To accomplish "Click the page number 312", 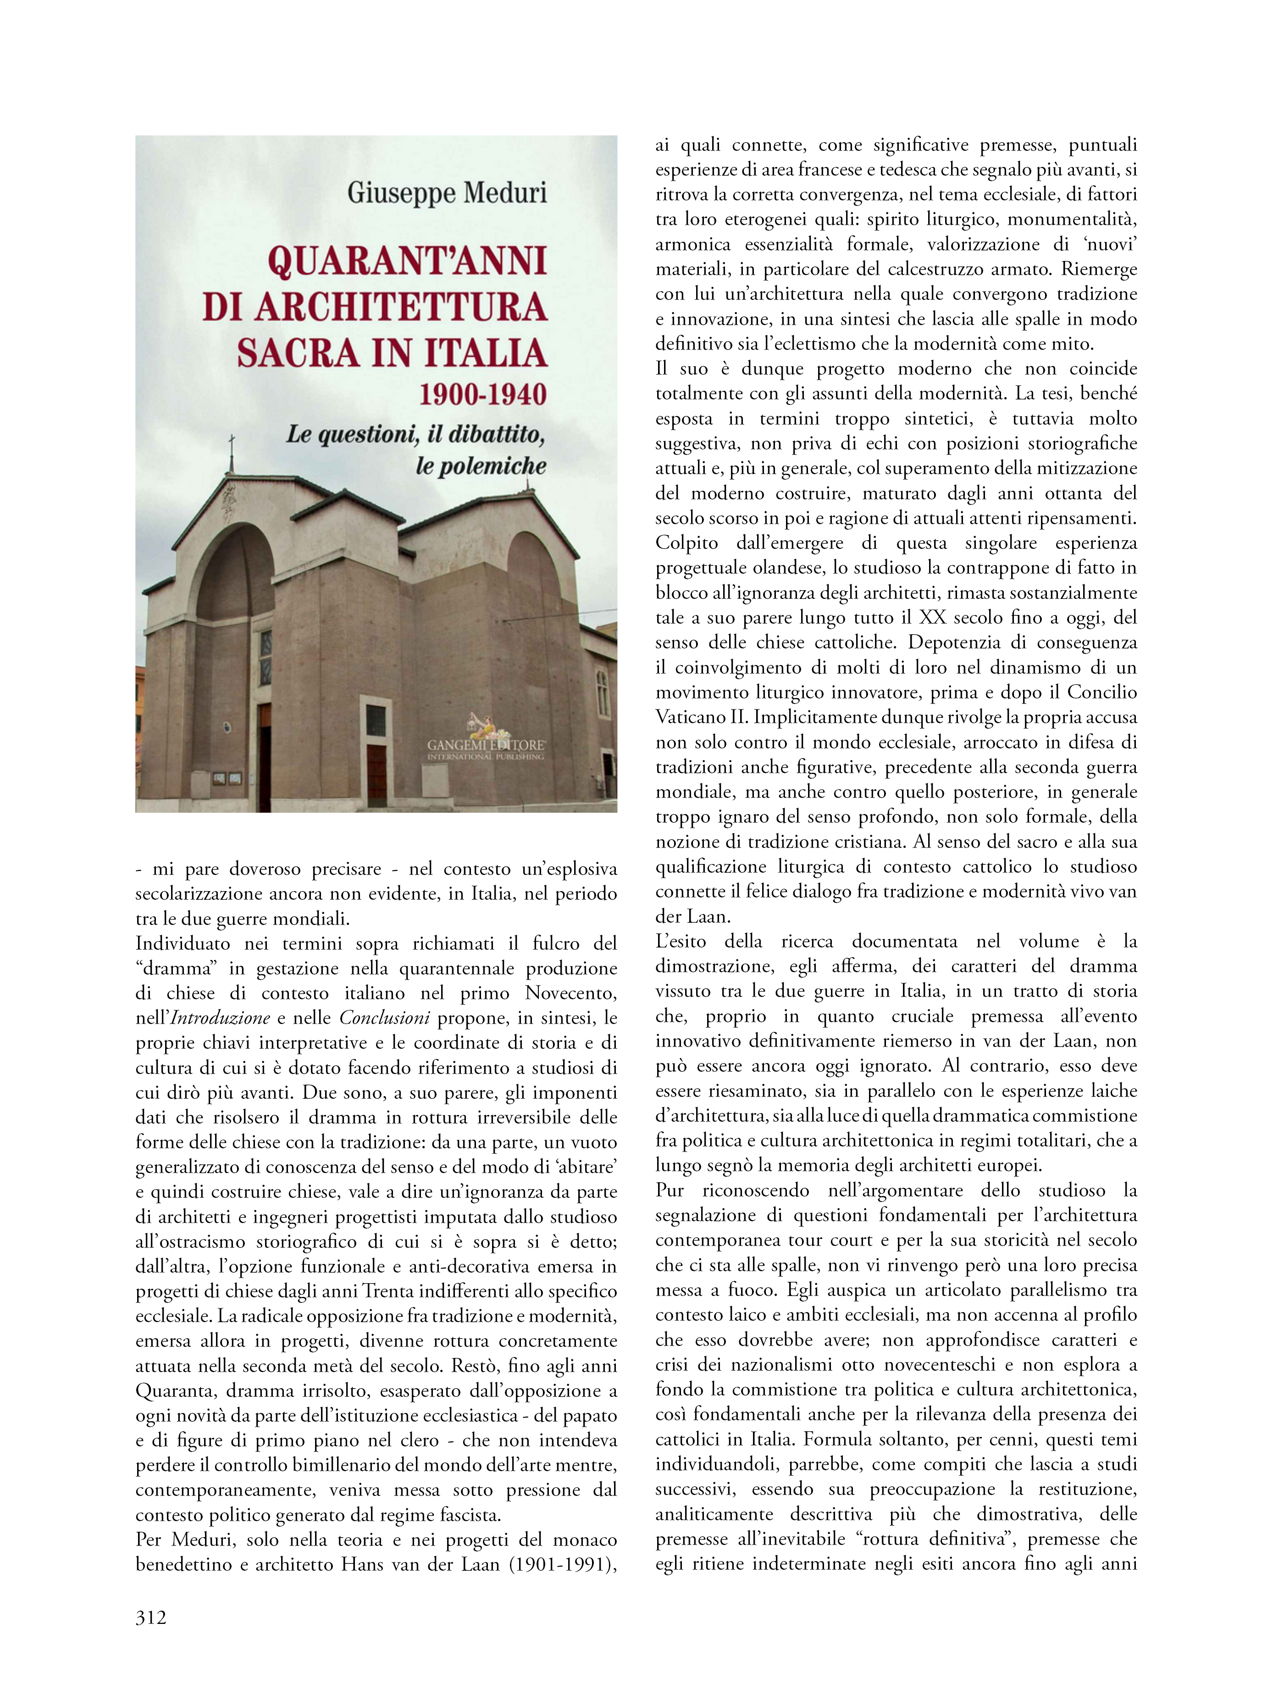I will point(151,1617).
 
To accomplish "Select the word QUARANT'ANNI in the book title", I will point(407,262).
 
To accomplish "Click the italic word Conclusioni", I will point(385,1018).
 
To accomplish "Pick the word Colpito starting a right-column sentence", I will point(686,543).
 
